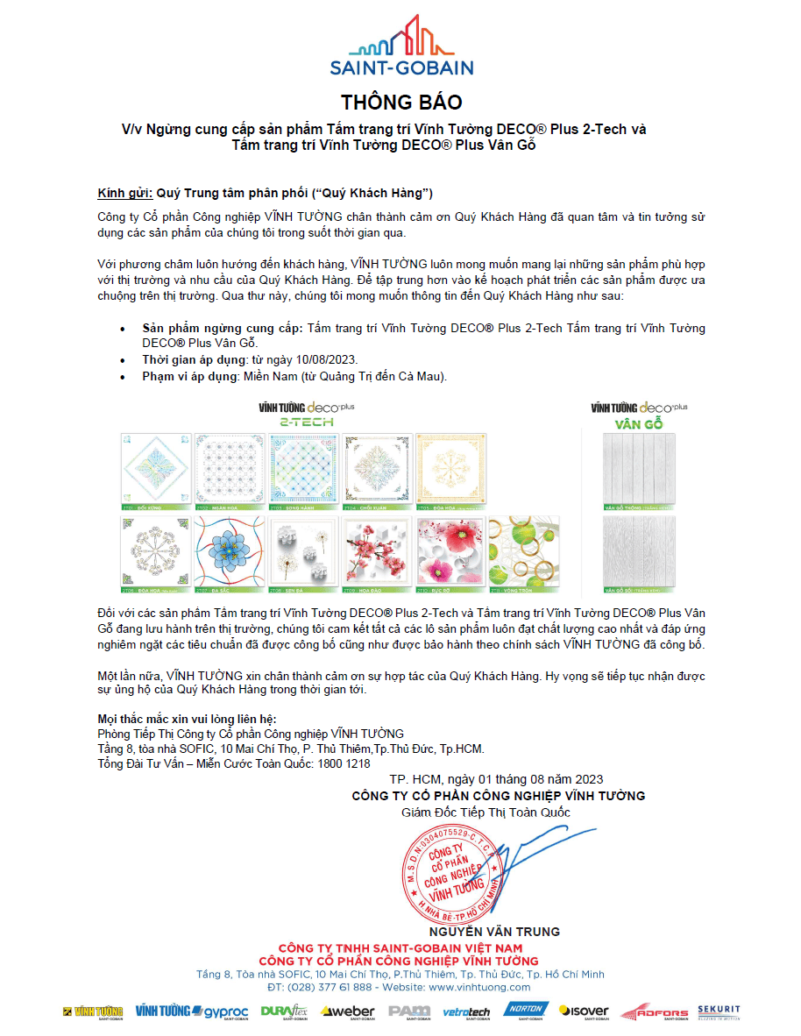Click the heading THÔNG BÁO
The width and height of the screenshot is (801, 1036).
400,103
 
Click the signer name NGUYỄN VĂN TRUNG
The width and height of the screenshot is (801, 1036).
493,931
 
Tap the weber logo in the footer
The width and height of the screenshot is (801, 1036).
348,1011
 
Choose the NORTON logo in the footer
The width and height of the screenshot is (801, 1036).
526,1011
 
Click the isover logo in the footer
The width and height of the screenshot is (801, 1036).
585,1011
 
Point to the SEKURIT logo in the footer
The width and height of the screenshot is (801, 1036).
719,1011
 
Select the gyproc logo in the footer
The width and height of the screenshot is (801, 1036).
206,1011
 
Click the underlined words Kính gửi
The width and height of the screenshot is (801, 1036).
125,192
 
